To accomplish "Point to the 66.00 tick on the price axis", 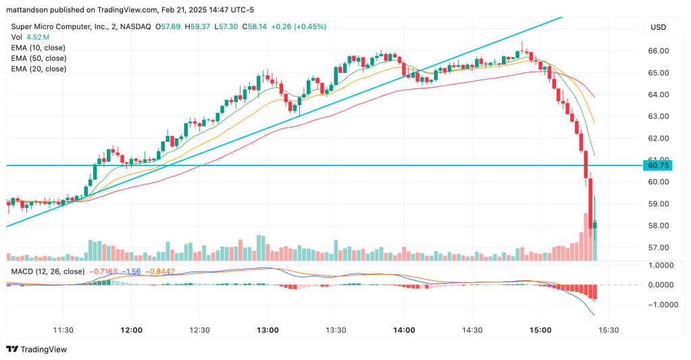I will [x=658, y=51].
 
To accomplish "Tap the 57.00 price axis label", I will [x=658, y=247].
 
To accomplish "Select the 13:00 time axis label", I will [x=267, y=330].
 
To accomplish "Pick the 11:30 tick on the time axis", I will [x=63, y=330].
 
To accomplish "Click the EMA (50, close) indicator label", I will [x=39, y=58].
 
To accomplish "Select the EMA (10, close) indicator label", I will [x=39, y=47].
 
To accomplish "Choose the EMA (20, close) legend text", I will [x=39, y=69].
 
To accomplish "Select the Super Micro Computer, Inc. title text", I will [x=60, y=26].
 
